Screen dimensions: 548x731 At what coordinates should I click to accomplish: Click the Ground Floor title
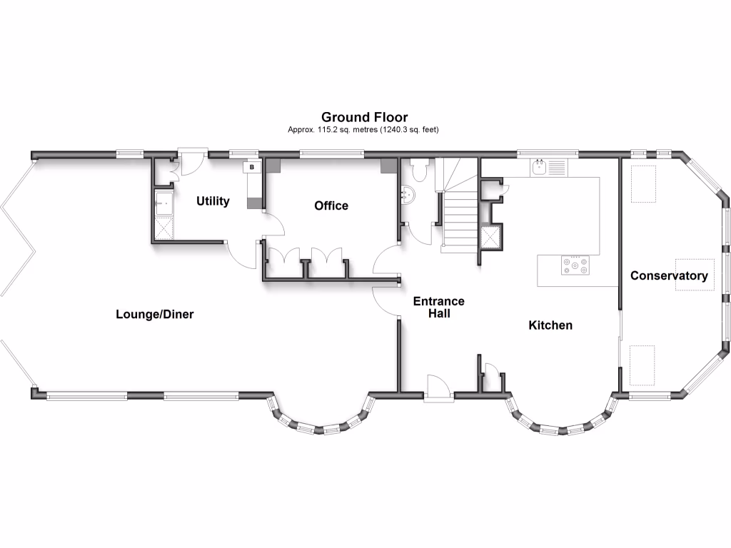coord(364,117)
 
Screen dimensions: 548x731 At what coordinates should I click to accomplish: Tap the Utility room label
coord(213,201)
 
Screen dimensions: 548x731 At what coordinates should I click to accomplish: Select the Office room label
coord(331,205)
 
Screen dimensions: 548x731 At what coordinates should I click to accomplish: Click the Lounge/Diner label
coord(155,314)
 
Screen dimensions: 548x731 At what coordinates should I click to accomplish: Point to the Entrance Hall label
coord(438,307)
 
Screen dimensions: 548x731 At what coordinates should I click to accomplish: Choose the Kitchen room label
coord(550,325)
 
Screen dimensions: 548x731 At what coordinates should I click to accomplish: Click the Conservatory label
coord(669,275)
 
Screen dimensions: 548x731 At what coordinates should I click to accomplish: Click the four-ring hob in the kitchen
coord(575,266)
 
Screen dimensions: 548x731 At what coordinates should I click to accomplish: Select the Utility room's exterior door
coord(191,161)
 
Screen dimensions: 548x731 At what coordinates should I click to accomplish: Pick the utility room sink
coord(163,204)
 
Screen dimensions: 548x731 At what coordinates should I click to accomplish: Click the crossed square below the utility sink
coord(163,230)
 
